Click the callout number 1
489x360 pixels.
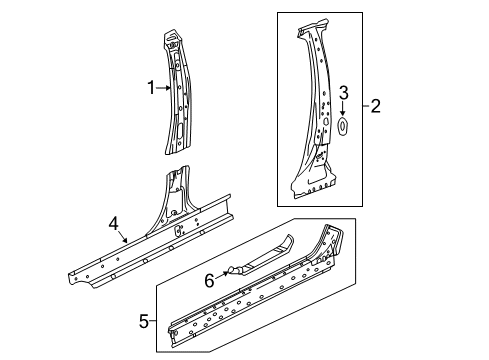click(x=151, y=88)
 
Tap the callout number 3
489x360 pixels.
click(x=343, y=94)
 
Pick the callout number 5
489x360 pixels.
click(x=144, y=321)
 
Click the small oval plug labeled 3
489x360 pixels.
click(x=343, y=125)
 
